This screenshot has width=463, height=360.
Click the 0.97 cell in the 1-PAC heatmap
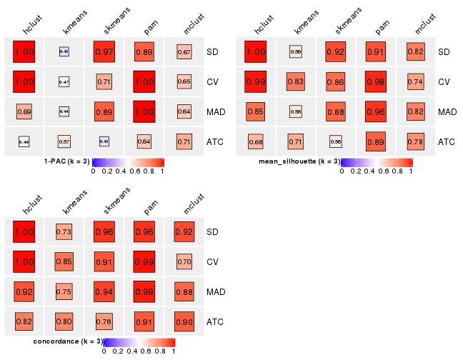point(104,52)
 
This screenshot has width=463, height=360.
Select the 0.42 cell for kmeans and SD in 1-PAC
point(64,52)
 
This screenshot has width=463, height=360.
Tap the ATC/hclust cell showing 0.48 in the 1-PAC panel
point(24,141)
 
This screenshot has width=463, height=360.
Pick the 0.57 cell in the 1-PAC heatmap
point(64,141)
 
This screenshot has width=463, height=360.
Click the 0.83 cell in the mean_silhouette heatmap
point(296,82)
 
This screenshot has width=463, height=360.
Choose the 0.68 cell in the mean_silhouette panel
point(256,141)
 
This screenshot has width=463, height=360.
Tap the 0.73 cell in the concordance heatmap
point(64,232)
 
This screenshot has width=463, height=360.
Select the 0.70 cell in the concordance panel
point(184,262)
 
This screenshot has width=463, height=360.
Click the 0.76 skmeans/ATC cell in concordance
point(104,321)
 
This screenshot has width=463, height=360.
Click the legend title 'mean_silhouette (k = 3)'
point(299,161)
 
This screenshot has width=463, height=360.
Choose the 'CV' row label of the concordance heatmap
point(213,262)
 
